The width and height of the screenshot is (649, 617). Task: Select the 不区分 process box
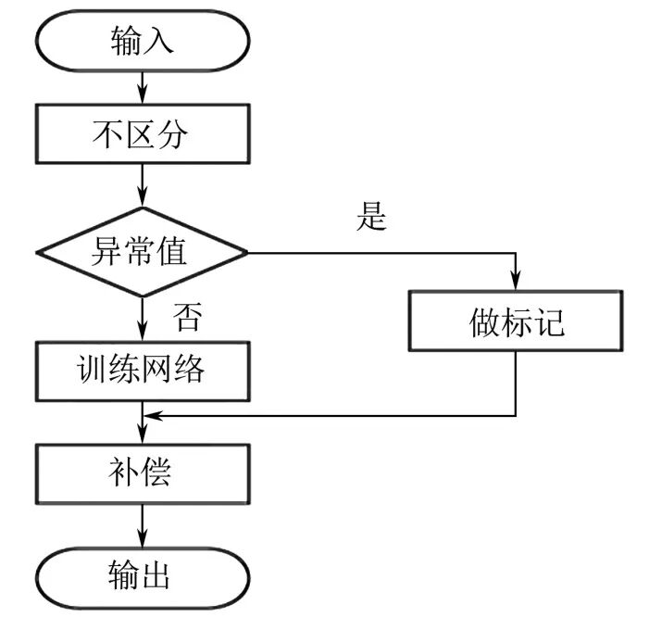coord(142,135)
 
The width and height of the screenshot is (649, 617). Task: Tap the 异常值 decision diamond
coord(142,251)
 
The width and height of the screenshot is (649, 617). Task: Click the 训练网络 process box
coord(142,371)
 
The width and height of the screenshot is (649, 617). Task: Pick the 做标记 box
coord(516,324)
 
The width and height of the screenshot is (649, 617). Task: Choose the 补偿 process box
coord(142,473)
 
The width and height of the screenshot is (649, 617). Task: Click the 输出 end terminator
coord(142,575)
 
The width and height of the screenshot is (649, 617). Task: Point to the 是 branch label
coord(370,218)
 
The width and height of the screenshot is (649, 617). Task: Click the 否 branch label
coord(188,318)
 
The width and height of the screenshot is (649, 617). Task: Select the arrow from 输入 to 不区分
coord(142,88)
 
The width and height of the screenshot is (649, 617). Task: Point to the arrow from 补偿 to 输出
coord(142,526)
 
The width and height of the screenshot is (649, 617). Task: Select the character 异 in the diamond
coord(104,251)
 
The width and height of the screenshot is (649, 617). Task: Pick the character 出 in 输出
coord(157,575)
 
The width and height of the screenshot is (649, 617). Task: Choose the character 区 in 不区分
coord(142,135)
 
